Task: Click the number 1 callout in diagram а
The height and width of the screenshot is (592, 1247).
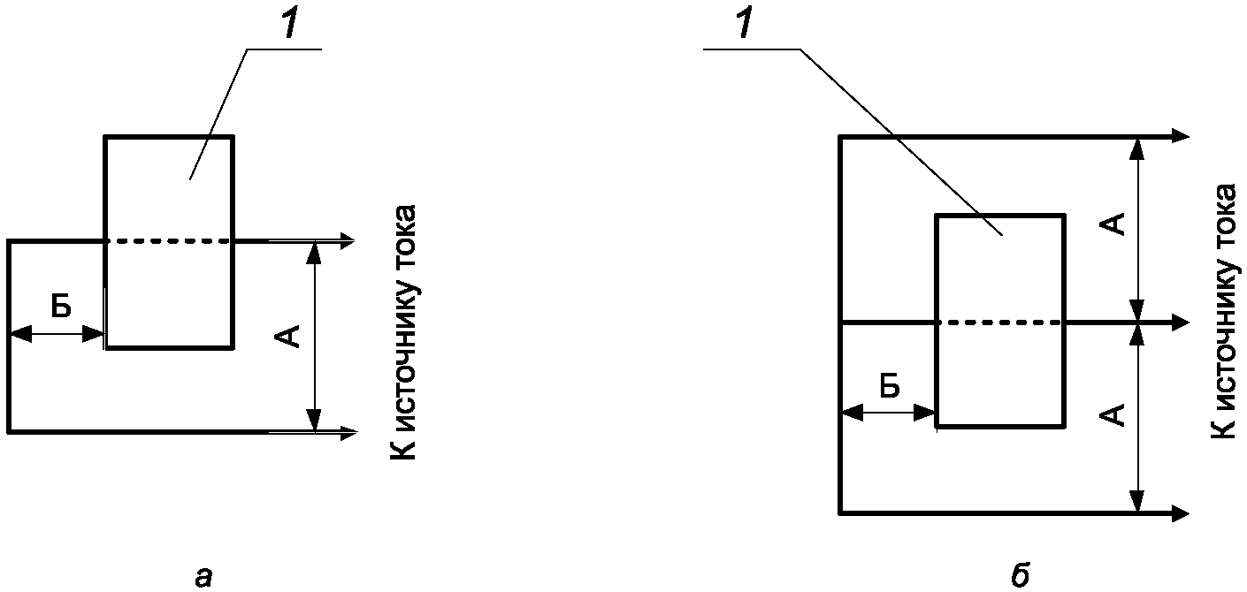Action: (x=291, y=26)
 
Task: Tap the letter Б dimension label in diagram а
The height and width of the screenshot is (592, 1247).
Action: (x=60, y=307)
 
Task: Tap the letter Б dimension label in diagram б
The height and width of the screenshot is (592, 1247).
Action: (x=891, y=386)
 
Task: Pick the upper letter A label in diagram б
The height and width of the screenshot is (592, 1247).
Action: (x=1116, y=224)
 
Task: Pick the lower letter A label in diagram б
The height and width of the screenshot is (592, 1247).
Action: (x=1116, y=414)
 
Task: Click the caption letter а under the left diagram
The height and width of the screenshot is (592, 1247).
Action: (x=203, y=577)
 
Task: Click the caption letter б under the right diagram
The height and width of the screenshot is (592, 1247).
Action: (x=1019, y=575)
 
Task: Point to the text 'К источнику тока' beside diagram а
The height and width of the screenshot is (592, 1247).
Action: (x=402, y=332)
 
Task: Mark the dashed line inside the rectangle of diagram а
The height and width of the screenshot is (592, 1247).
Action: (x=169, y=240)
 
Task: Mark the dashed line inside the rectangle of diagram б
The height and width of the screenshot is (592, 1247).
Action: (x=1000, y=323)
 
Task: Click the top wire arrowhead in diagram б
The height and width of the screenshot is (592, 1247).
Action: (x=1180, y=136)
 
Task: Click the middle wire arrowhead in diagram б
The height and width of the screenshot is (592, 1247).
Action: (x=1180, y=323)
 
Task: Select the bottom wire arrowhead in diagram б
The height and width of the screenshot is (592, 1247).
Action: (x=1180, y=512)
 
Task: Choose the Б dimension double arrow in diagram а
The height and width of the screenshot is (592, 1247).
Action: (x=57, y=334)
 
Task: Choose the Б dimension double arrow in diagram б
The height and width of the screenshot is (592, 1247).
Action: (x=888, y=413)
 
